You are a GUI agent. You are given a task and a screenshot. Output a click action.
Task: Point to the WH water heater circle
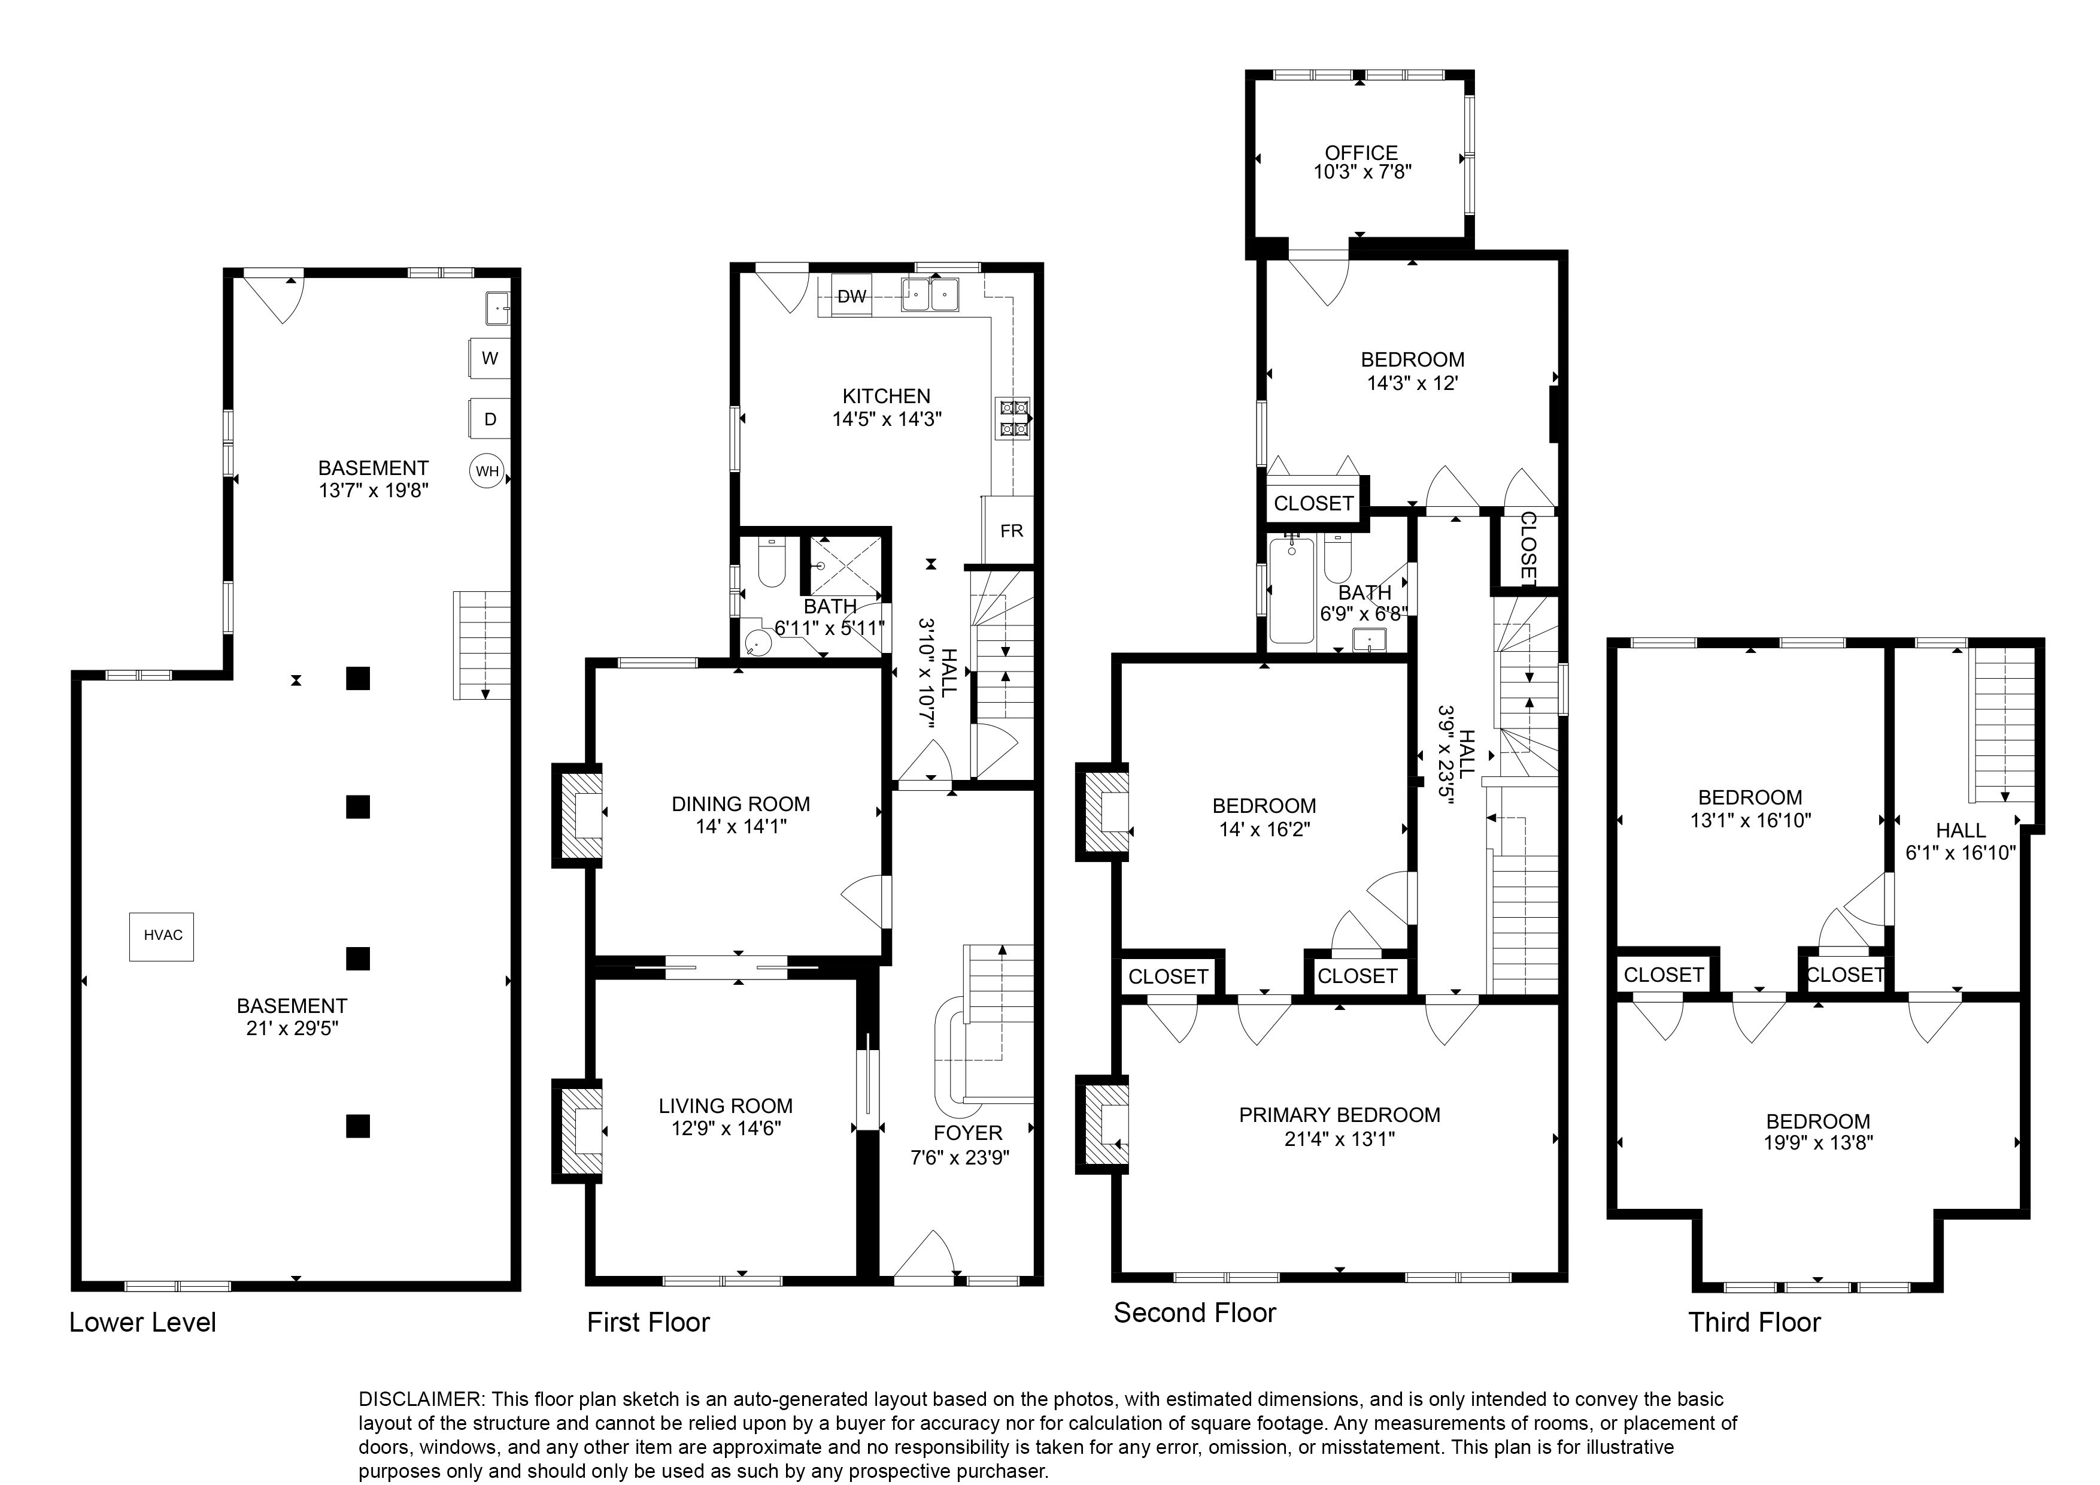(487, 472)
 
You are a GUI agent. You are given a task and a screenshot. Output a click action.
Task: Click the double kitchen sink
(929, 295)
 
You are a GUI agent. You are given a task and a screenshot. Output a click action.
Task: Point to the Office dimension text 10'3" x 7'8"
(1362, 172)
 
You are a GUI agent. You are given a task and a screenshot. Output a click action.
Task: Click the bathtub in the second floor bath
(1291, 590)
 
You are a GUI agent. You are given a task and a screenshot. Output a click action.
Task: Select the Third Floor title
(1753, 1322)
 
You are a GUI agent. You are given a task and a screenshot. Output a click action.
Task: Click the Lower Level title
(142, 1322)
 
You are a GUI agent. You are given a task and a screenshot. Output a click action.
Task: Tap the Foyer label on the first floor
(967, 1133)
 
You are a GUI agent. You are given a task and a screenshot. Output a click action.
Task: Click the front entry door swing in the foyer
(925, 1257)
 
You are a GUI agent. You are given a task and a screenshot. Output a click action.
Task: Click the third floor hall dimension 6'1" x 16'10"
(1960, 853)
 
